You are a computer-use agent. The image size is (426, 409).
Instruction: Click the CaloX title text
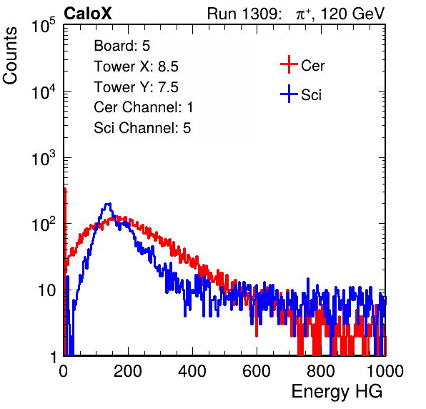(x=88, y=14)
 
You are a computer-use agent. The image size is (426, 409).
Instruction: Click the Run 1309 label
(x=244, y=14)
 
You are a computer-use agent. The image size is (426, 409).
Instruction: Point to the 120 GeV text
(x=353, y=14)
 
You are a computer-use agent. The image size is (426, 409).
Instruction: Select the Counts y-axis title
(x=10, y=56)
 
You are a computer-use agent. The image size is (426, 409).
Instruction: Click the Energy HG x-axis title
(x=337, y=392)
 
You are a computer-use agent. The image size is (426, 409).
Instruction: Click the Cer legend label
(x=312, y=66)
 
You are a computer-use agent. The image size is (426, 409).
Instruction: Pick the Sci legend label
(x=311, y=95)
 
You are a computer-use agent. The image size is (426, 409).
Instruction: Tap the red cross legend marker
(x=289, y=64)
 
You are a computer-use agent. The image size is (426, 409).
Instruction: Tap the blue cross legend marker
(x=289, y=94)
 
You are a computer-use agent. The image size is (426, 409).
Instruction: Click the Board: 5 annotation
(x=122, y=46)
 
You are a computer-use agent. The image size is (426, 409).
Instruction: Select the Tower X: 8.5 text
(x=136, y=66)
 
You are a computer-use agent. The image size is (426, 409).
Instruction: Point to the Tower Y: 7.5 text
(x=136, y=87)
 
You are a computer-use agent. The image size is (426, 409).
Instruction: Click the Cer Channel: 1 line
(x=144, y=107)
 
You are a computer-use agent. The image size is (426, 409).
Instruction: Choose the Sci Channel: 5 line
(x=142, y=128)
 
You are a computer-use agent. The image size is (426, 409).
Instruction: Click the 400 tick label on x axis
(x=192, y=371)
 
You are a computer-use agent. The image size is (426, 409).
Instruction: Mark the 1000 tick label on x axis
(x=385, y=371)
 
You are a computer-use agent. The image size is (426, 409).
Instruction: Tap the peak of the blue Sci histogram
(x=108, y=204)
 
